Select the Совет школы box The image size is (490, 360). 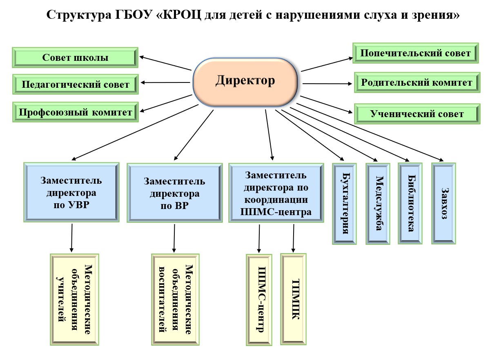pos(75,58)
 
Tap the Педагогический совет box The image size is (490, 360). pos(75,84)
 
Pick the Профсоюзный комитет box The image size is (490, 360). pos(75,112)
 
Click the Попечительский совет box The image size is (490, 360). pos(416,53)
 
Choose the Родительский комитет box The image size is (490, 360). pos(416,82)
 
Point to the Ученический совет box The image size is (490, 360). pos(416,114)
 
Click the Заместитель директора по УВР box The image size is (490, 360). pos(72,193)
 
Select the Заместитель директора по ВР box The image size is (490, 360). pos(175,193)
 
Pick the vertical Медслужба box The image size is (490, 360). pos(379,203)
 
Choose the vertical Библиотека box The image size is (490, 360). pos(411,203)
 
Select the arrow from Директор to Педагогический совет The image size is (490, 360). pos(165,83)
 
